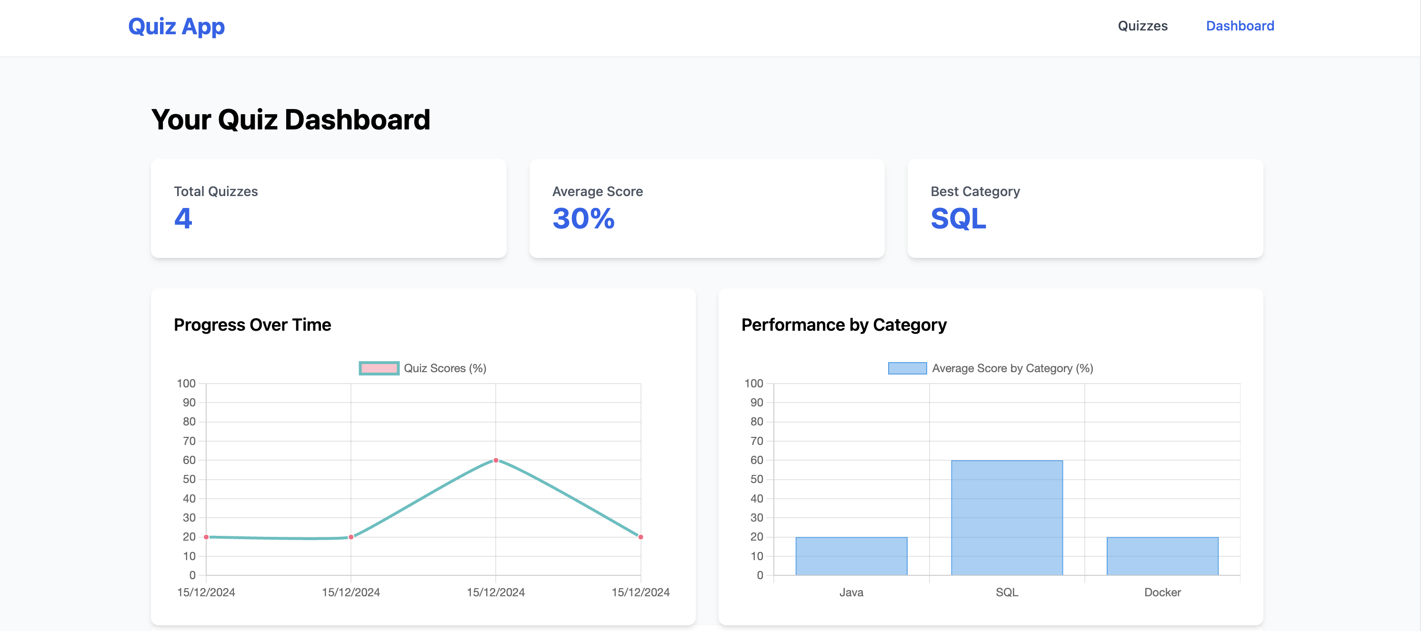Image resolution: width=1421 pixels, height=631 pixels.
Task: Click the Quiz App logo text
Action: pyautogui.click(x=177, y=27)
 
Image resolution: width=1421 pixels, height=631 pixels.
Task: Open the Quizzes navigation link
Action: pyautogui.click(x=1142, y=26)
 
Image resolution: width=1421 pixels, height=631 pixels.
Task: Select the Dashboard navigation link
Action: pyautogui.click(x=1240, y=26)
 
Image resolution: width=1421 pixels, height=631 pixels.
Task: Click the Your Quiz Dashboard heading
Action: pyautogui.click(x=290, y=119)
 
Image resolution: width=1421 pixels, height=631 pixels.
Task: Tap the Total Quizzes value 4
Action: pyautogui.click(x=183, y=218)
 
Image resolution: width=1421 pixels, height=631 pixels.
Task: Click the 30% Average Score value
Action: pyautogui.click(x=583, y=218)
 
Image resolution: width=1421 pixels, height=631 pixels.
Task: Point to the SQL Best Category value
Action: pyautogui.click(x=958, y=218)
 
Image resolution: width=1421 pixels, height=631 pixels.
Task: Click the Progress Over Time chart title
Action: pyautogui.click(x=252, y=325)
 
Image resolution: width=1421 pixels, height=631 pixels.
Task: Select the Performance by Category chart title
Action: pyautogui.click(x=843, y=325)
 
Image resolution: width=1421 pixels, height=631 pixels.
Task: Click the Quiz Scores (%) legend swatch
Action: pyautogui.click(x=379, y=368)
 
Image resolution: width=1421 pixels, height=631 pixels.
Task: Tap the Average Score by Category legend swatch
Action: pyautogui.click(x=907, y=368)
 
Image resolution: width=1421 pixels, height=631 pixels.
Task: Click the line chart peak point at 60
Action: pyautogui.click(x=496, y=460)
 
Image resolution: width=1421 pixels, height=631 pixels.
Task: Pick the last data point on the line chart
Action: pyautogui.click(x=640, y=537)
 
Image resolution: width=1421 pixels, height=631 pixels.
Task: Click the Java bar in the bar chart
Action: pyautogui.click(x=851, y=556)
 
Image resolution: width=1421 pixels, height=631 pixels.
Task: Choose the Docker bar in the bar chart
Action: pyautogui.click(x=1162, y=556)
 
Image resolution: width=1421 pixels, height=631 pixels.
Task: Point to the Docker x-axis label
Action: pyautogui.click(x=1162, y=592)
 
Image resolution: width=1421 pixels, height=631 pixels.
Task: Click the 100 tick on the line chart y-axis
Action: pyautogui.click(x=186, y=384)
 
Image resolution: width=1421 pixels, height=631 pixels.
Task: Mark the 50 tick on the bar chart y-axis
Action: pyautogui.click(x=756, y=480)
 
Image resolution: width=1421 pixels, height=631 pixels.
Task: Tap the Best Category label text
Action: pyautogui.click(x=975, y=191)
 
